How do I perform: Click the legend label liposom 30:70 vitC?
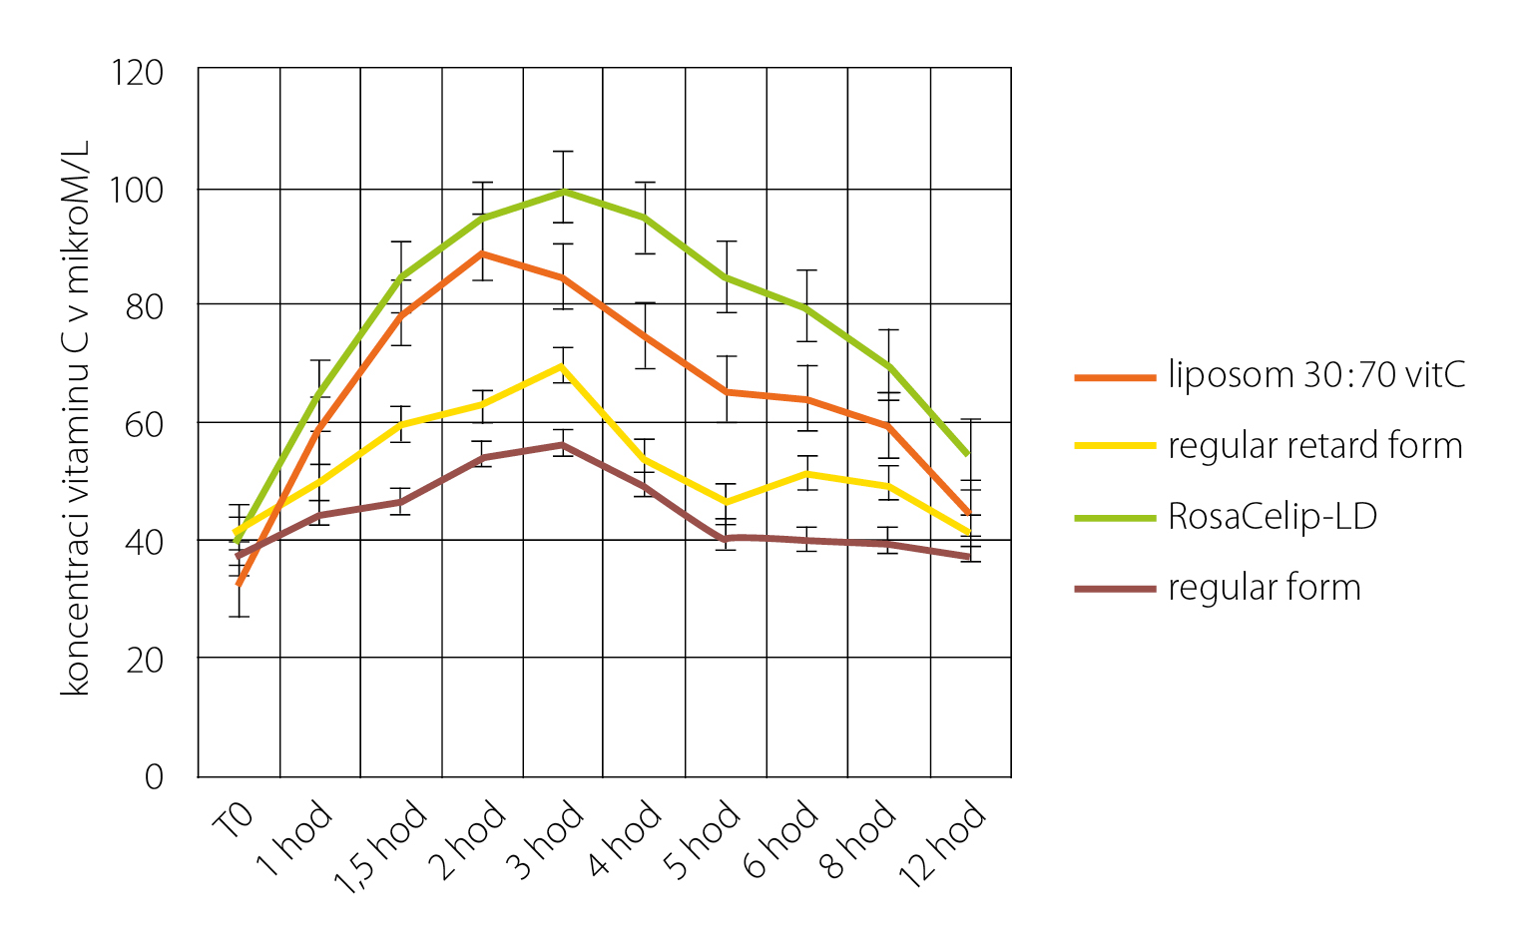coord(1316,376)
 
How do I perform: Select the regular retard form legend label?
coord(1314,446)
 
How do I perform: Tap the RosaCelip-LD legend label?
coord(1273,517)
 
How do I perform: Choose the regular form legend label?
coord(1264,588)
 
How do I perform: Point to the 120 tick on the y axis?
coord(139,73)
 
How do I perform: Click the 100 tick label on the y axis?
coord(139,190)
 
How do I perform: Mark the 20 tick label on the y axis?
coord(145,660)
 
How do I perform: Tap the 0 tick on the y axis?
coord(154,776)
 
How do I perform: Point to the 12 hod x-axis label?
coord(943,844)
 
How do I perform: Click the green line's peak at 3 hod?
coord(564,191)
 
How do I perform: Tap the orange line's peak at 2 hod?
coord(483,253)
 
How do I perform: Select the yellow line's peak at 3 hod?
coord(564,366)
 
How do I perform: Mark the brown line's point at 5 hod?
coord(727,538)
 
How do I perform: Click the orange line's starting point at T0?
coord(239,583)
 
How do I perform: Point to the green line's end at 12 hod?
coord(968,455)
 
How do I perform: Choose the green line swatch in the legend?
coord(1114,518)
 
